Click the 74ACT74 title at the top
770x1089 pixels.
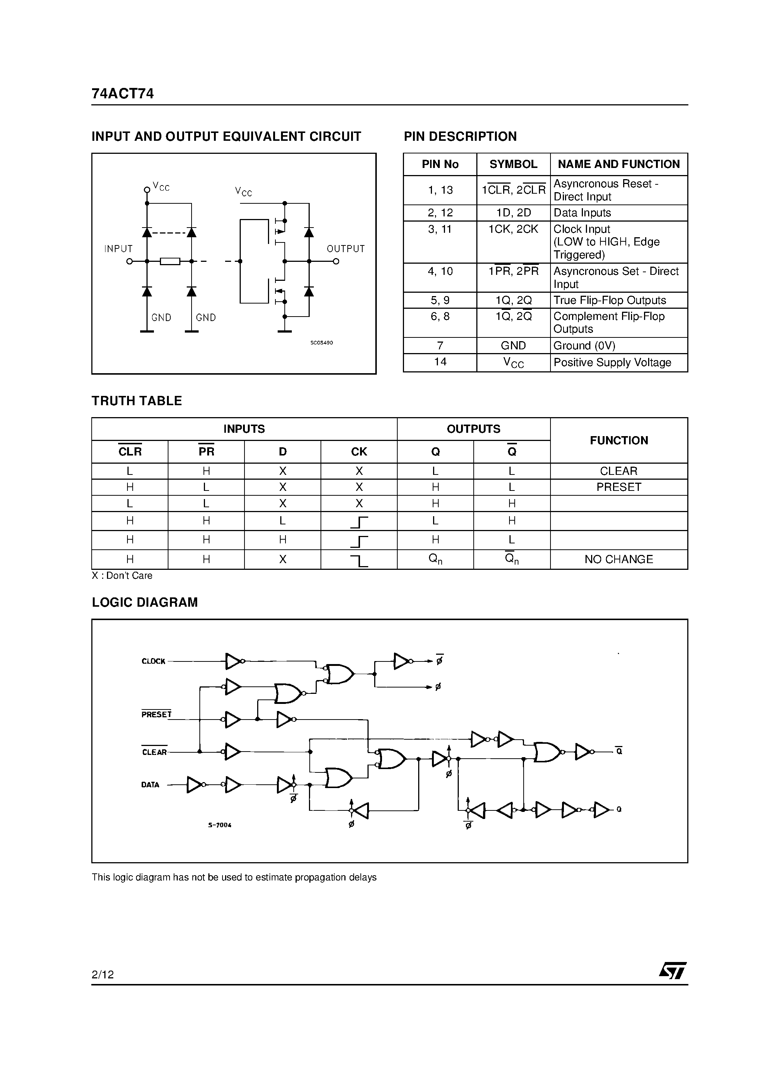point(123,93)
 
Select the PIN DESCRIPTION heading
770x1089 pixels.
point(460,137)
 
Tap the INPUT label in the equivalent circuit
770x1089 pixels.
point(118,249)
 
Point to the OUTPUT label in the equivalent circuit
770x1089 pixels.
point(345,249)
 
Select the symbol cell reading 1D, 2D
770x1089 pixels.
point(513,213)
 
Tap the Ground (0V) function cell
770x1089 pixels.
point(584,346)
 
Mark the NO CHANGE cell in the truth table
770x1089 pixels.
point(619,560)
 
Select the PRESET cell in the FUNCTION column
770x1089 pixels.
point(619,487)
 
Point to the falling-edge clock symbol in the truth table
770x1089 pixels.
point(359,561)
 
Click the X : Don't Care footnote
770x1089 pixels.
point(122,576)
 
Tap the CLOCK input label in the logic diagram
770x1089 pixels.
point(153,661)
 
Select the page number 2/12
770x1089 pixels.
point(102,975)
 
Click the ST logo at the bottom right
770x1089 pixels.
point(672,971)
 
